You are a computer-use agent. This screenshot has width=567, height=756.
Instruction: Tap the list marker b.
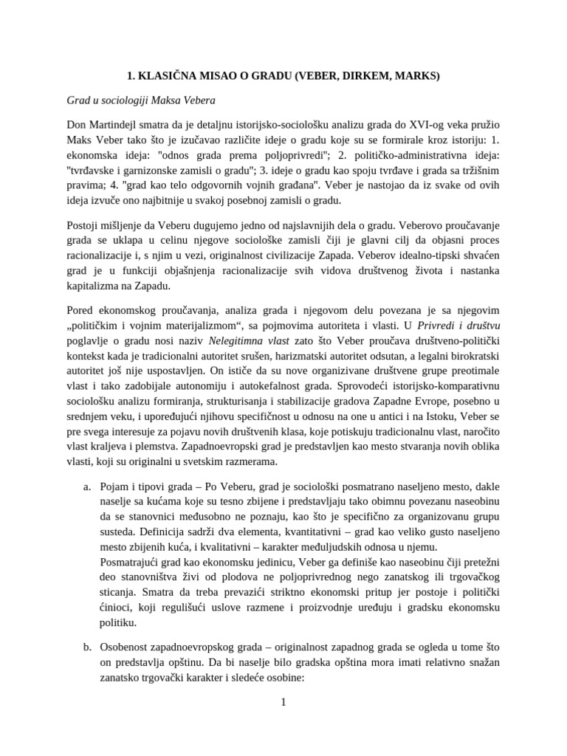[87, 647]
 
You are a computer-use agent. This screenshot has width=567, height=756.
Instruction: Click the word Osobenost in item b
[131, 647]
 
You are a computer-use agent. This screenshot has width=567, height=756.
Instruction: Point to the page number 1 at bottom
[283, 702]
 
